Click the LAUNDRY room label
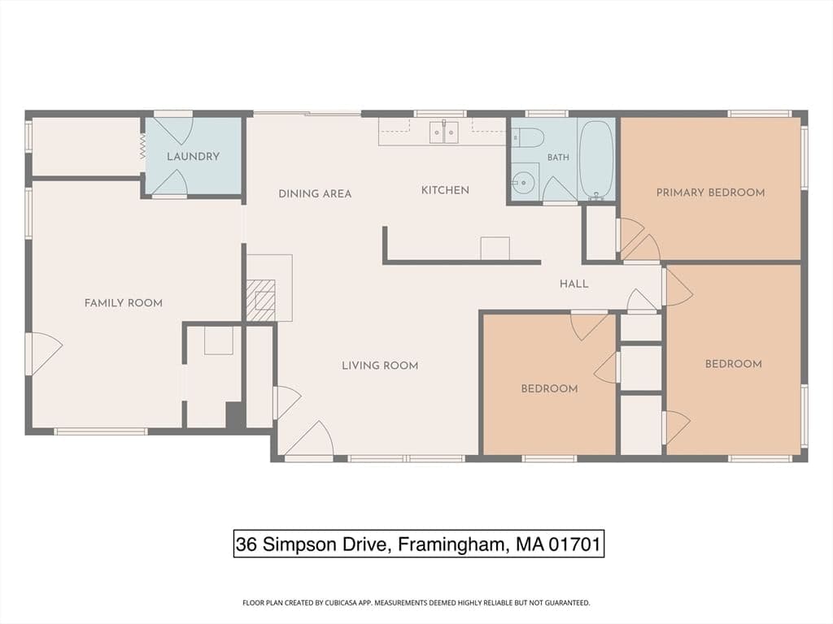(193, 157)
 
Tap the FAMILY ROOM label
(124, 303)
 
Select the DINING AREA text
(315, 193)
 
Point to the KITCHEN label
(445, 190)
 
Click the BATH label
(558, 157)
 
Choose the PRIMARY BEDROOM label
(711, 193)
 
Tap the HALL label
(574, 284)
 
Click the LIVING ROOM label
(380, 366)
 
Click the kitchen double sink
(443, 132)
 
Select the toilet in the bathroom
(528, 138)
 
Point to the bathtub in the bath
(596, 158)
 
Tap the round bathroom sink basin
(525, 183)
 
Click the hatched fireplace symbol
(260, 301)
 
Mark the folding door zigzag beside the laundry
(142, 146)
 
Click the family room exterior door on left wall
(44, 353)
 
